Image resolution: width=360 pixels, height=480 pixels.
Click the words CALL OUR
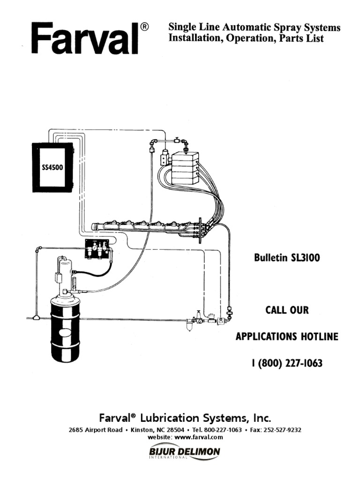[x=287, y=310]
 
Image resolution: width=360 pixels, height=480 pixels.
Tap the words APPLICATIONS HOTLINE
[x=286, y=337]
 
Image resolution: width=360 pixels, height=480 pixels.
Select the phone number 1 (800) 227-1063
[x=286, y=363]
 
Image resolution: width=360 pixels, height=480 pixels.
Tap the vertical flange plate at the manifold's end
[x=200, y=230]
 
